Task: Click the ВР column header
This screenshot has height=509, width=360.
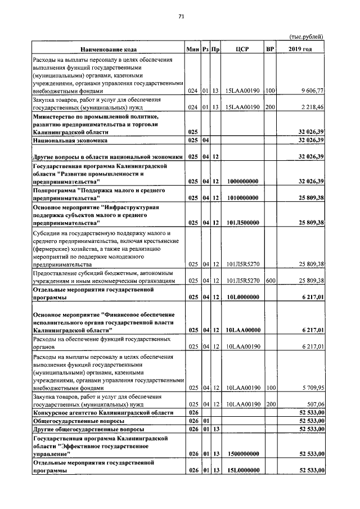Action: [x=270, y=49]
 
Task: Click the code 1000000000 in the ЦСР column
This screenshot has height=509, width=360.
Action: [x=242, y=182]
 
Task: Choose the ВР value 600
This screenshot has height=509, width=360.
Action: [x=270, y=280]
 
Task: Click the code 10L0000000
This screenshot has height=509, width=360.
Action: [x=242, y=296]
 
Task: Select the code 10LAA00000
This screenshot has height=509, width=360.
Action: [x=242, y=331]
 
